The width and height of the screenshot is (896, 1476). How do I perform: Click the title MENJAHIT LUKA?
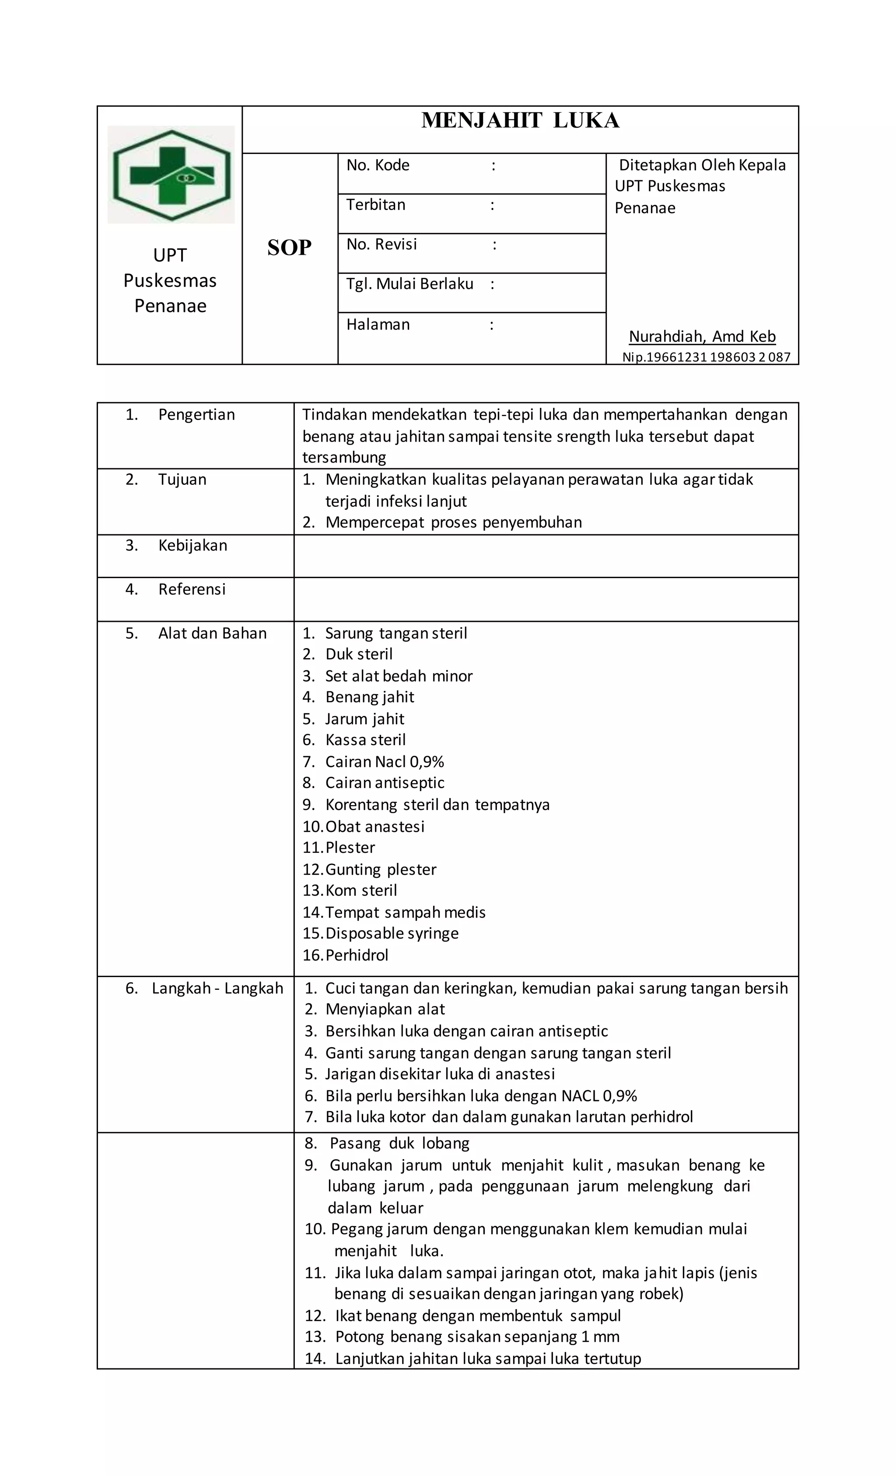(520, 121)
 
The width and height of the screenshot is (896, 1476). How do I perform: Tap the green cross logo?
(171, 175)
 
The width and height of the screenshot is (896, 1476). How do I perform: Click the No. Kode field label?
(378, 165)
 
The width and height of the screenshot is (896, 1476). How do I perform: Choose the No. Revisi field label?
(381, 245)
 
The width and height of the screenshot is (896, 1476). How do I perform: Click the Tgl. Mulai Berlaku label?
(409, 284)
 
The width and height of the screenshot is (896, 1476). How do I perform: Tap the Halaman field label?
(378, 325)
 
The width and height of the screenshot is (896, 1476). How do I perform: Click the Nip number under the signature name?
(706, 358)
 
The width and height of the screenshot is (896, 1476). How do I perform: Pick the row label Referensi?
(192, 589)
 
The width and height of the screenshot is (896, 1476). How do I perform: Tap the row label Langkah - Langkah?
(217, 989)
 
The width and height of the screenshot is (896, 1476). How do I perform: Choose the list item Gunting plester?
(381, 870)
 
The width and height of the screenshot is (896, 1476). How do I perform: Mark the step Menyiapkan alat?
(385, 1010)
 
